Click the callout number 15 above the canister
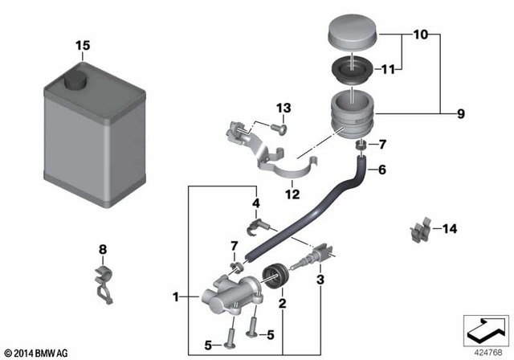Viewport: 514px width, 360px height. pos(84,45)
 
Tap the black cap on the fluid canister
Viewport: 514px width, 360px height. pos(76,80)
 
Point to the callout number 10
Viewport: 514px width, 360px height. pos(421,35)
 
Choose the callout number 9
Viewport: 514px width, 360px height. pos(460,114)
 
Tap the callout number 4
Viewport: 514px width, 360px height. pos(256,203)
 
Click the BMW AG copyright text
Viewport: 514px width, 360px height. pos(37,353)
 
